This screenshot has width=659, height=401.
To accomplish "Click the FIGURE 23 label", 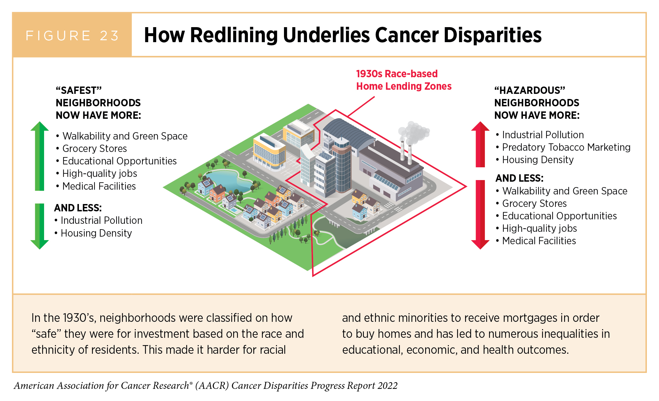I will pyautogui.click(x=72, y=35).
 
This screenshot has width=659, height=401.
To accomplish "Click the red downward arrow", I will pyautogui.click(x=480, y=214).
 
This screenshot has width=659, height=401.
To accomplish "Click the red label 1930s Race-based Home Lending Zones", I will pyautogui.click(x=403, y=80).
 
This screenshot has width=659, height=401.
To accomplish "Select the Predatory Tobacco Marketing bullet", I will pyautogui.click(x=566, y=147).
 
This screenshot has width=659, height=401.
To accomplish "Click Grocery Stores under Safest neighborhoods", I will pyautogui.click(x=95, y=148).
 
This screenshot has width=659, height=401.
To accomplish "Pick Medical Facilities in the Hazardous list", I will pyautogui.click(x=539, y=241).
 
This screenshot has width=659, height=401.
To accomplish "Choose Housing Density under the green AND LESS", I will pyautogui.click(x=96, y=233).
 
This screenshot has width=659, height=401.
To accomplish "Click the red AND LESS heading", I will pyautogui.click(x=519, y=178).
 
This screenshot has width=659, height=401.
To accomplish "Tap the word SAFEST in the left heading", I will pyautogui.click(x=79, y=90).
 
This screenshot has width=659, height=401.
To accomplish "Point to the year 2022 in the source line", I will pyautogui.click(x=387, y=386).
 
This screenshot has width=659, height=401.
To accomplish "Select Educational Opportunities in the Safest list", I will pyautogui.click(x=119, y=161).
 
